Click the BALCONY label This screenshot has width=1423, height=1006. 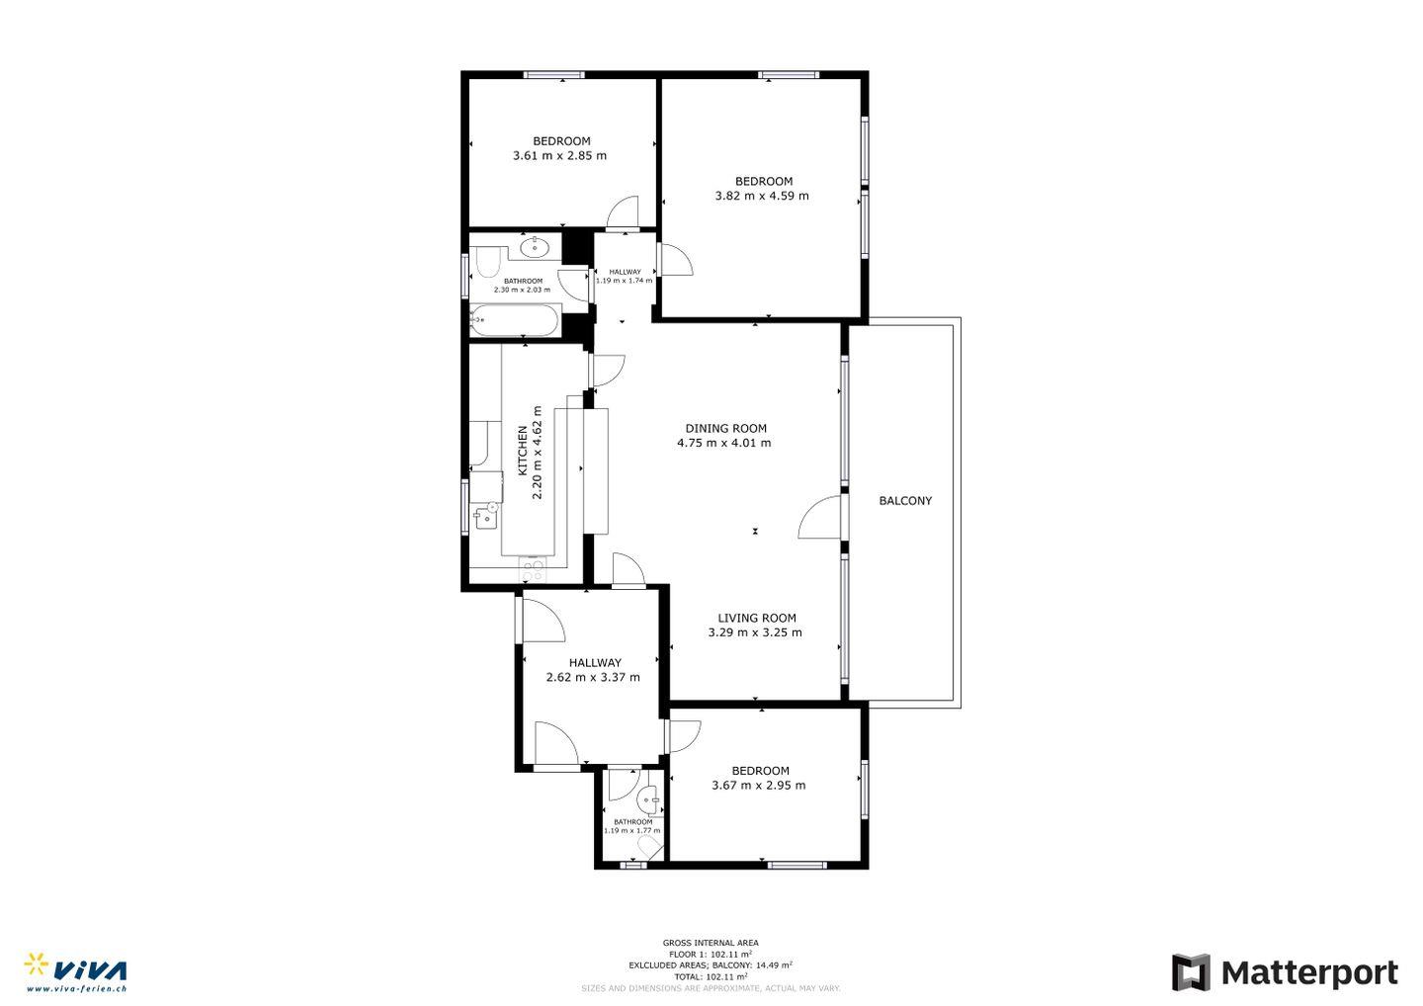(905, 500)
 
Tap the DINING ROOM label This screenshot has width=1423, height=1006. (725, 428)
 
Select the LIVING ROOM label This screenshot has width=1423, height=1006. (757, 618)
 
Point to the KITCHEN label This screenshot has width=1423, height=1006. (522, 451)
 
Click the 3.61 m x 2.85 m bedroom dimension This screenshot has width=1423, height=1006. (559, 155)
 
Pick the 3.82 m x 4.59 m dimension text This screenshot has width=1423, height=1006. (762, 196)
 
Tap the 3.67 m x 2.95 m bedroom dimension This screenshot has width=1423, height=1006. (759, 785)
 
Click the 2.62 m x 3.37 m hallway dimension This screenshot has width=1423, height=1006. (593, 677)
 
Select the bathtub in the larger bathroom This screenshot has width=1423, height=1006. (515, 320)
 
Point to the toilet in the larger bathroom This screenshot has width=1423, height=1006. (487, 263)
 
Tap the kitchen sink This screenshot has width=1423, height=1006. (486, 517)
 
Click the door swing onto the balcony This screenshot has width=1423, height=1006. (820, 517)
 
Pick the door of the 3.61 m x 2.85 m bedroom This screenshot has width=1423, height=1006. (622, 211)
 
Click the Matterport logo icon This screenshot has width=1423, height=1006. (1191, 972)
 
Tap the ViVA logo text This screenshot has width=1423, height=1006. (90, 970)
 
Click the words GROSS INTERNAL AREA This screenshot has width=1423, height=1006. (711, 943)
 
